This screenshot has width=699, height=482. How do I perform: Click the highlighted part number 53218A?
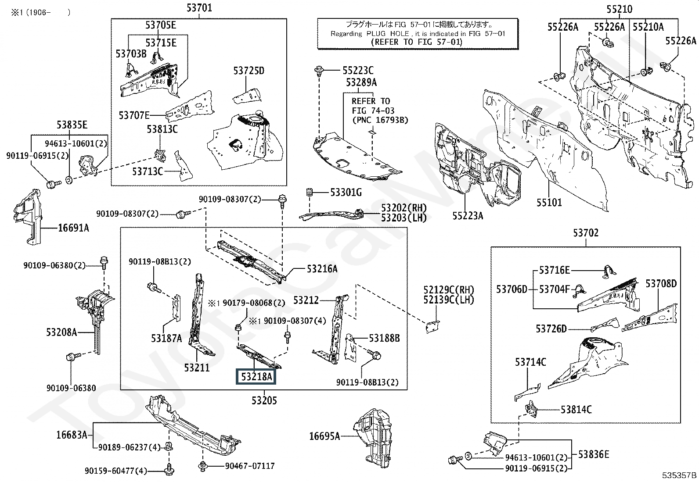256,377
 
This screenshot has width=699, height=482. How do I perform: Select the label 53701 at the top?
199,7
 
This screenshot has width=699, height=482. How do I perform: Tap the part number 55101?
549,203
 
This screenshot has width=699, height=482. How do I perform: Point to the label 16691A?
74,228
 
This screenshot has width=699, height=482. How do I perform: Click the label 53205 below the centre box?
264,400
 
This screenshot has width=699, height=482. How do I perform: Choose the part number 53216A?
322,269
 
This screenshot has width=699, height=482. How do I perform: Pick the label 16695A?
324,436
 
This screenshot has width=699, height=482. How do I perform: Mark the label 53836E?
594,454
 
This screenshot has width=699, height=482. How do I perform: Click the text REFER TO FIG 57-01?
417,42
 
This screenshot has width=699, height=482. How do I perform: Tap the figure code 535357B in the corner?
679,475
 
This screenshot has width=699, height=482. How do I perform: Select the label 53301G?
346,193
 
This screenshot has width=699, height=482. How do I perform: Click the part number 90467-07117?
250,466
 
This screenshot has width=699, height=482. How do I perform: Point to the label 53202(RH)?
404,208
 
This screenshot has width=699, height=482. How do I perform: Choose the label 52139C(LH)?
449,300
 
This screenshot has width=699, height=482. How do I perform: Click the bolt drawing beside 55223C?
319,71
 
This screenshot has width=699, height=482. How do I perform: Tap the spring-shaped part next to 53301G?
309,193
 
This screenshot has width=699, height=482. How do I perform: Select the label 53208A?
61,332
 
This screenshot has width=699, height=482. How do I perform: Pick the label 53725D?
249,71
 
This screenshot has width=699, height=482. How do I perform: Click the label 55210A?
648,27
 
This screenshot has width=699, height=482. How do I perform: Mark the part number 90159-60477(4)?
116,471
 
